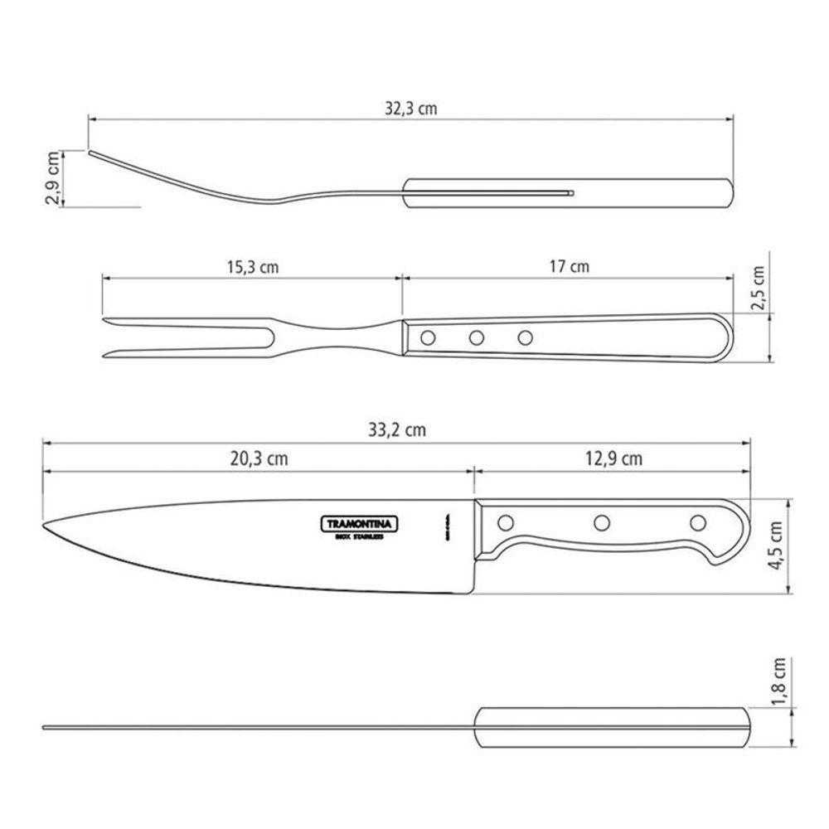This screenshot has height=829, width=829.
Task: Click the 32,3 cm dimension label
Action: (x=411, y=108)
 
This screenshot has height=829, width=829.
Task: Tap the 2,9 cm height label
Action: (x=53, y=177)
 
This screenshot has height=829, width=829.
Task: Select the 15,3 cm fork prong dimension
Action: (x=252, y=267)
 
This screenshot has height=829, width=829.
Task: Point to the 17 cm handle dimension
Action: (x=569, y=267)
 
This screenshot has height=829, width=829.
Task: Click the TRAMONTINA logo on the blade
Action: (x=359, y=523)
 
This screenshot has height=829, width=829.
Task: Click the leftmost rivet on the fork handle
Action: (x=428, y=337)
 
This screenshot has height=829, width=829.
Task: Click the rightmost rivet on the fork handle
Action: (x=524, y=337)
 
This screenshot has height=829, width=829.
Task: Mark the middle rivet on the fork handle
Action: (x=476, y=337)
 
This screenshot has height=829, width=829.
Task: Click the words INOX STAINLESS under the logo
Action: (x=359, y=538)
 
